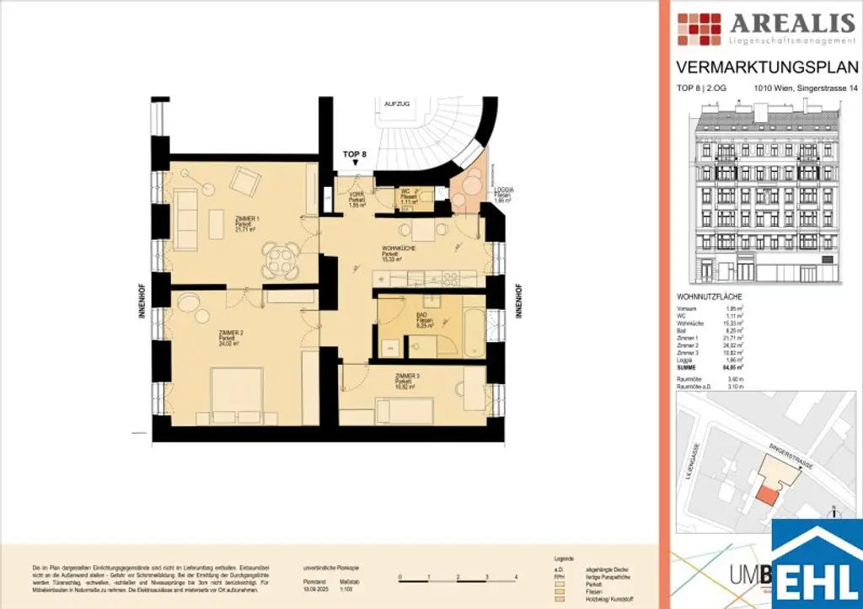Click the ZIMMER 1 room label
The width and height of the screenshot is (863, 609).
coord(247,218)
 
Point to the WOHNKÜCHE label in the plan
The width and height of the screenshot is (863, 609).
coord(396,248)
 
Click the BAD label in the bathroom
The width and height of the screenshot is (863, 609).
coord(423,314)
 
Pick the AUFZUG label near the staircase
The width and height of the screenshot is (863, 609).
coord(397,103)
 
